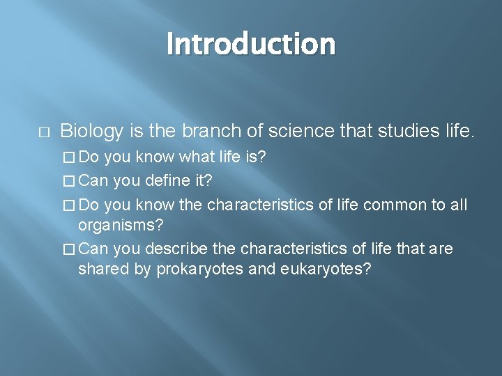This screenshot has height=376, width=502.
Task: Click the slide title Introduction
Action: [x=251, y=44]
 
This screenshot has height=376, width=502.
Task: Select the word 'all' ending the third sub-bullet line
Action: [x=458, y=205]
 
